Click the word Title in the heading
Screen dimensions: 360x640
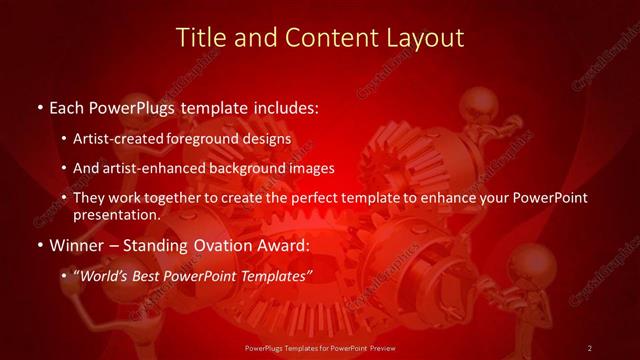pos(200,38)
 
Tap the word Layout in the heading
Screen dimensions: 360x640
pos(427,38)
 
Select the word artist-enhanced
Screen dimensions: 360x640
pos(149,168)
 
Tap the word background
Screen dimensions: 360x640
pos(246,168)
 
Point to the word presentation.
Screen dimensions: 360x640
pos(116,214)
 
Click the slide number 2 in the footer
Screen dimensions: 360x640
pos(590,347)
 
